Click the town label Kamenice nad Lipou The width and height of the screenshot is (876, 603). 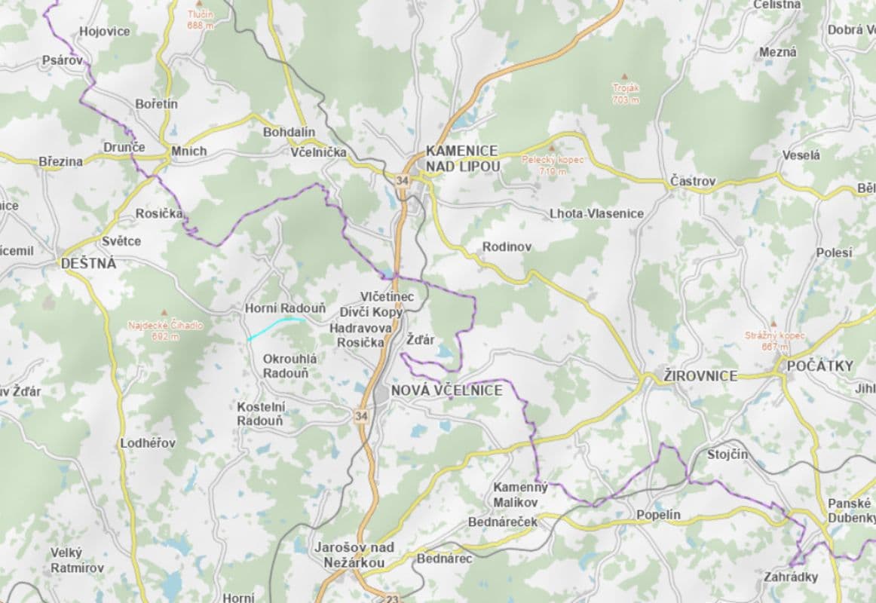(x=461, y=158)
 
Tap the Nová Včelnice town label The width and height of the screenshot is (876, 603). (x=446, y=390)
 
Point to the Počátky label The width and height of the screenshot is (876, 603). (x=819, y=366)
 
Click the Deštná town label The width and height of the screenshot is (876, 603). (x=89, y=263)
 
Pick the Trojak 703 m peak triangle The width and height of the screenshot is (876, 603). (x=624, y=76)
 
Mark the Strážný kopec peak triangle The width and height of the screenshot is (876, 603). (x=773, y=324)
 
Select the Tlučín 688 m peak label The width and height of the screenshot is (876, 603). (x=201, y=20)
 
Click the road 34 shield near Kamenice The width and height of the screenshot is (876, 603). (x=402, y=180)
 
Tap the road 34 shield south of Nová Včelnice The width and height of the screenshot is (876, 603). (x=362, y=415)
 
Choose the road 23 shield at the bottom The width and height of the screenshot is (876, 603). (x=391, y=599)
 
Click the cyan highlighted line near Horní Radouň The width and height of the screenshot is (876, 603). (x=275, y=327)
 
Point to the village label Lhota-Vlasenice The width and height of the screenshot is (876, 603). (x=596, y=213)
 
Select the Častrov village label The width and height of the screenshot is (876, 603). (x=692, y=182)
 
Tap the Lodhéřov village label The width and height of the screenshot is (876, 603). (x=148, y=443)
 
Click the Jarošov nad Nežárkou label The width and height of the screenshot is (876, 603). (x=354, y=555)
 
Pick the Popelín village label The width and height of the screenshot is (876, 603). (x=658, y=515)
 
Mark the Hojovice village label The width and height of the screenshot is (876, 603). (x=104, y=32)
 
